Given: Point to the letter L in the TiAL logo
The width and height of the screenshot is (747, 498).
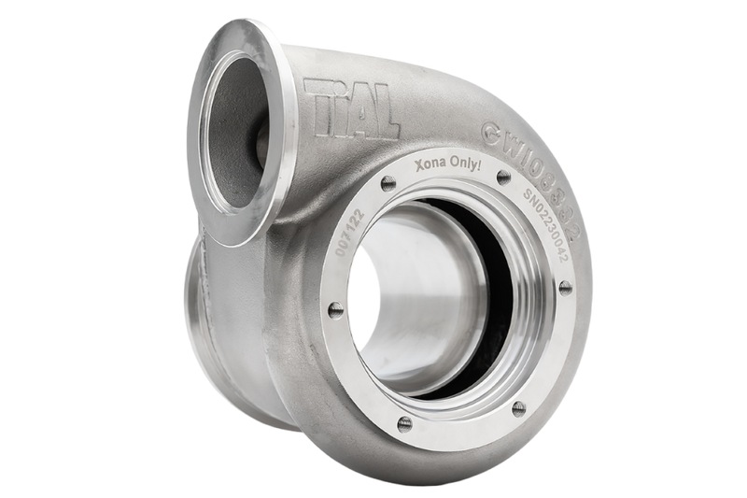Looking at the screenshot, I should (x=384, y=116).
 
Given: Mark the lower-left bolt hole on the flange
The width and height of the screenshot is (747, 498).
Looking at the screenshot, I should (x=402, y=424).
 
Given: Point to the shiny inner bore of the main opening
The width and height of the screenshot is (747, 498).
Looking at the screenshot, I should (x=411, y=308).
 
